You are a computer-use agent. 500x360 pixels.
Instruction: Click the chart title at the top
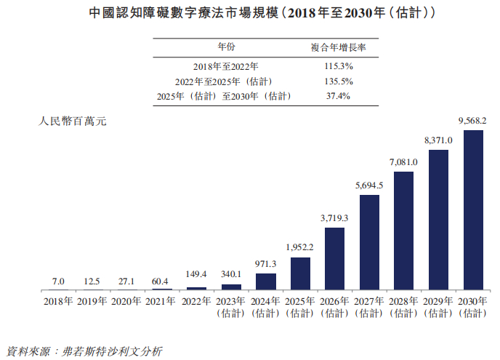tap(250, 14)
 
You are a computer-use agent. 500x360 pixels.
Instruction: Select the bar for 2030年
tap(472, 210)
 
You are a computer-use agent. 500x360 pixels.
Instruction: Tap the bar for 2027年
tap(369, 242)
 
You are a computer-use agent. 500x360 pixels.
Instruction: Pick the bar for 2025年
tap(300, 273)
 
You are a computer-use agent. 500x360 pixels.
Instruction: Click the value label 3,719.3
tap(334, 217)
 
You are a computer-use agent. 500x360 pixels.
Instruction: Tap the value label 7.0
tap(58, 281)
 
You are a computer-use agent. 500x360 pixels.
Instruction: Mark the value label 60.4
tap(161, 280)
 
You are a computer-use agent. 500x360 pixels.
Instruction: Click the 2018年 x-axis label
tap(58, 300)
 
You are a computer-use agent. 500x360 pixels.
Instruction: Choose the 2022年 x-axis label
tap(196, 300)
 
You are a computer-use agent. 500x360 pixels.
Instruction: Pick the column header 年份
tap(226, 47)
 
